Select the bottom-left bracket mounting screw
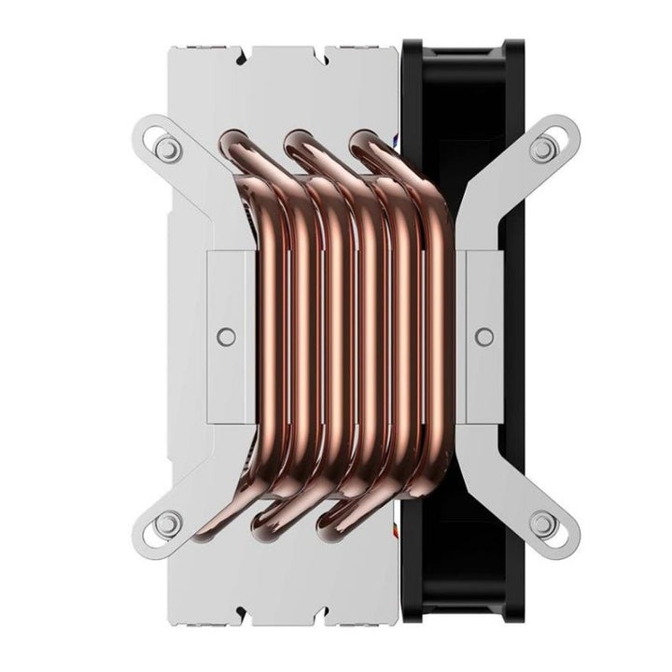click(x=166, y=525)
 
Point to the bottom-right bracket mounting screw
click(x=543, y=525)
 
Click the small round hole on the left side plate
click(x=224, y=335)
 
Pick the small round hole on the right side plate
click(x=484, y=335)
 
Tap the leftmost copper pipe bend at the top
click(x=233, y=144)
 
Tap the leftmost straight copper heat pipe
click(x=279, y=336)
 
